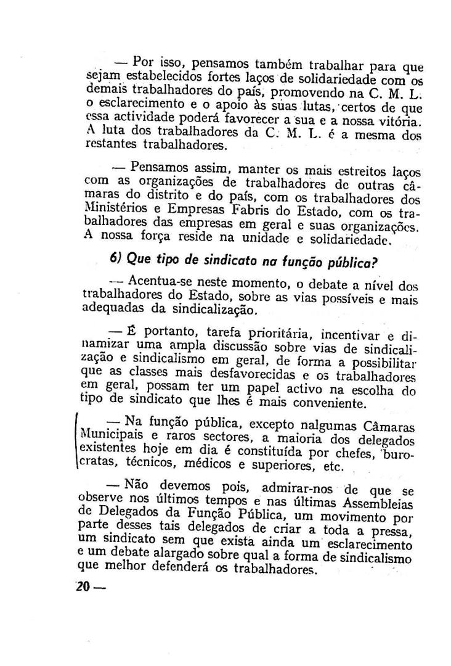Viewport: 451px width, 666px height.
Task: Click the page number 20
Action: coord(83,586)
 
